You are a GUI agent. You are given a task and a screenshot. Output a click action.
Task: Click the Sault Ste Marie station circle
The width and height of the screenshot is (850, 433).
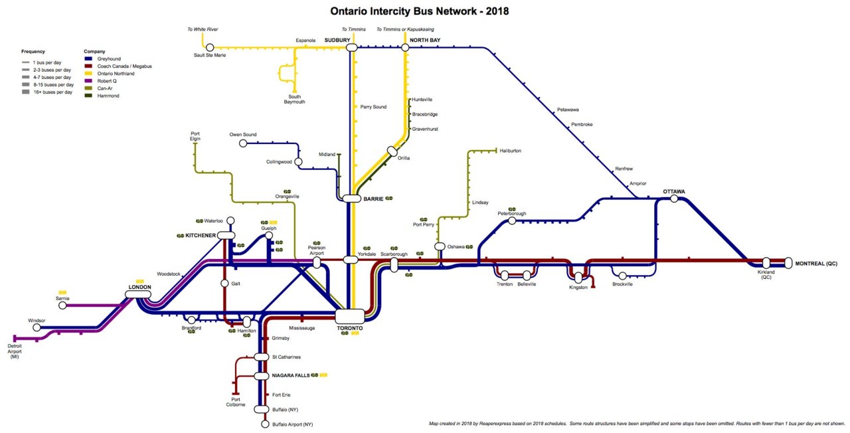point(210,47)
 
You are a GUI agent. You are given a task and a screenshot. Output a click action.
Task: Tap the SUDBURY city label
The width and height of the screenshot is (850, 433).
point(337,41)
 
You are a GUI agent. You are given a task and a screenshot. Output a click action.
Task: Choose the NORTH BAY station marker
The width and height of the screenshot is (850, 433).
point(405,47)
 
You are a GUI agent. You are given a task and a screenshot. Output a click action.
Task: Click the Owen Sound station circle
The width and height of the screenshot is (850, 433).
point(243,143)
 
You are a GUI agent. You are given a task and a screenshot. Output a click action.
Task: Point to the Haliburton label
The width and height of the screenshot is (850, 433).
point(511,151)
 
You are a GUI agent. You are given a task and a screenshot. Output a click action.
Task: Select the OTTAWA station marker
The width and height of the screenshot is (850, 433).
point(674,199)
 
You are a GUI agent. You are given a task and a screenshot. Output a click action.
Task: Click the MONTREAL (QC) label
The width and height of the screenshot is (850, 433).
point(816,264)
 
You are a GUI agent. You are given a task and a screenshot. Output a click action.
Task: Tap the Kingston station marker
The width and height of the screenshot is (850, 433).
point(578,278)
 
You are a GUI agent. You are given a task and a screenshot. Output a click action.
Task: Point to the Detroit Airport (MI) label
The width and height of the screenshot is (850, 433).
point(14,351)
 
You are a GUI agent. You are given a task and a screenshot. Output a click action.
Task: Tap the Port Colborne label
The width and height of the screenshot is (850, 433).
point(236,401)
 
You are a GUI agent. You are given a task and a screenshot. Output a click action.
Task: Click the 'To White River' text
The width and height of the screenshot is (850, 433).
point(203,29)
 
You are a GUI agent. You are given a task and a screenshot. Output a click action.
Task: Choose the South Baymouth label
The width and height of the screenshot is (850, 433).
point(294,99)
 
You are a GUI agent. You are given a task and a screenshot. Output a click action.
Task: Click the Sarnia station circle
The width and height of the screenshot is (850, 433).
point(62,306)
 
